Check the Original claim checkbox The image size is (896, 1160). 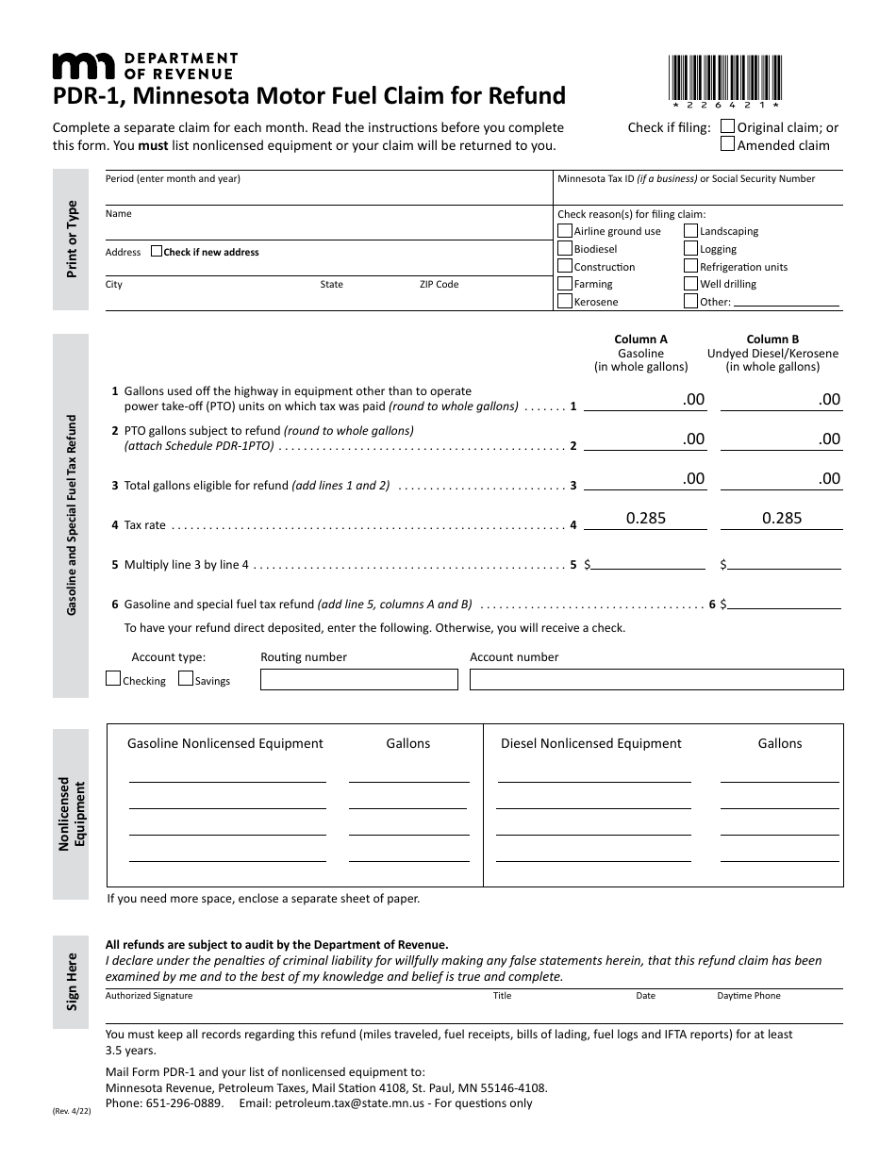(727, 126)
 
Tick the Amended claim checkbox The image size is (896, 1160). (727, 144)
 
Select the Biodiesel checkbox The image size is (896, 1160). (565, 249)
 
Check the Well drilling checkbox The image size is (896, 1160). (690, 284)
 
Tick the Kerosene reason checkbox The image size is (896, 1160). (565, 302)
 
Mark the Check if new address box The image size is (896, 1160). (157, 252)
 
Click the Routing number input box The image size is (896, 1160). (358, 679)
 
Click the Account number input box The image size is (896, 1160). (655, 679)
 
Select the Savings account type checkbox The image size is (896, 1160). (186, 679)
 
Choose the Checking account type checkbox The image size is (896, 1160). (113, 679)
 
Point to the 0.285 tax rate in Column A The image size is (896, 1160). (646, 518)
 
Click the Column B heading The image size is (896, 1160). (772, 340)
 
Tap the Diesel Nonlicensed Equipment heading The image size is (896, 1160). (590, 743)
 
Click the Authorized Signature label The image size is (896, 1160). (149, 996)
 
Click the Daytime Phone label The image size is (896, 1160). (749, 996)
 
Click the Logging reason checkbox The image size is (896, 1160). (690, 249)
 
